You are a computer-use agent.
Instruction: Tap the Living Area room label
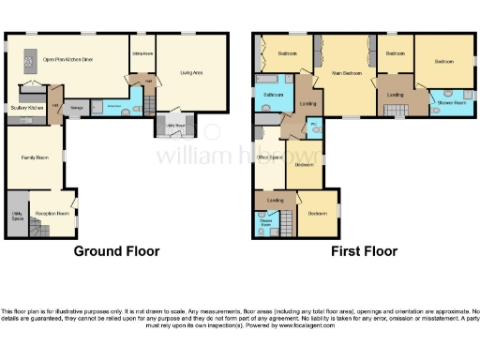coord(192,72)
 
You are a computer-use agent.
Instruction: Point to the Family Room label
coord(36,157)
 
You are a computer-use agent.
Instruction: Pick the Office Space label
coord(270,157)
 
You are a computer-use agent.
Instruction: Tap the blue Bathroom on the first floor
coord(273,97)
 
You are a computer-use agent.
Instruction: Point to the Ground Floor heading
coord(116,251)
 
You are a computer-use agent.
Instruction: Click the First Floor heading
coord(363,251)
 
